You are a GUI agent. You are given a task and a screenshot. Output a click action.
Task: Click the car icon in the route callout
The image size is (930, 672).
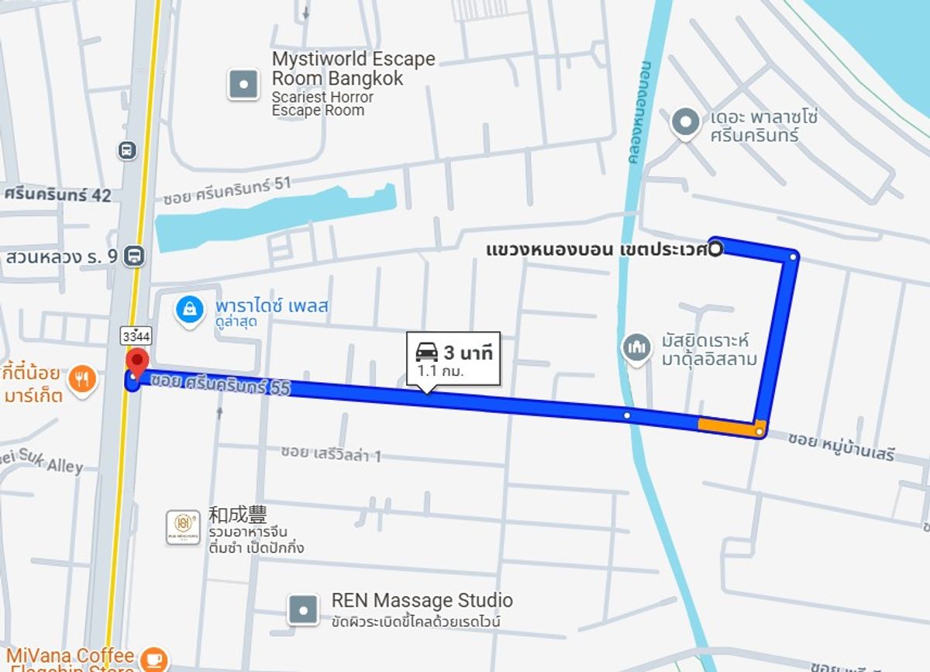(x=427, y=353)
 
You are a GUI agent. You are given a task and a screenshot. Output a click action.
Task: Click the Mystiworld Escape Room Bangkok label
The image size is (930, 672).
(x=353, y=69)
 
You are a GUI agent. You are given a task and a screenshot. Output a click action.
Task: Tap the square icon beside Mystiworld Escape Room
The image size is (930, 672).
(x=243, y=84)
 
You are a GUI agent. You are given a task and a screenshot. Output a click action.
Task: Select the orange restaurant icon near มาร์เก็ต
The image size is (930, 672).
(x=82, y=379)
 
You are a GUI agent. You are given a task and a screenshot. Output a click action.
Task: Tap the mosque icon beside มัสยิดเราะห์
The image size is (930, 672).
(x=636, y=347)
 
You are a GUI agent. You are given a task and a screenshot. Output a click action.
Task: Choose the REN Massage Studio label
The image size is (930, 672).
(x=422, y=600)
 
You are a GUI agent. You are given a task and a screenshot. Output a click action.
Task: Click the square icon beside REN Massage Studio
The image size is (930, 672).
(x=302, y=610)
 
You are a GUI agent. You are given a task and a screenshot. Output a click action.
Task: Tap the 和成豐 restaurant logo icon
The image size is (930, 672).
(x=183, y=527)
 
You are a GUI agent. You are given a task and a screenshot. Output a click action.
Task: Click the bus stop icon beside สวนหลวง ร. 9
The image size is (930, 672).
(x=136, y=255)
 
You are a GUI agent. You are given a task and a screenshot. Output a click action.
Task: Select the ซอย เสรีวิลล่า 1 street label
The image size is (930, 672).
(x=331, y=453)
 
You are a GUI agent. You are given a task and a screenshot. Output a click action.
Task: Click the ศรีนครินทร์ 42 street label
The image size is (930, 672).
(x=57, y=195)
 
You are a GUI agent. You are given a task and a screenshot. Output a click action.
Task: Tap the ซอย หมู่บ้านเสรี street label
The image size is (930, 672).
(x=841, y=447)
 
